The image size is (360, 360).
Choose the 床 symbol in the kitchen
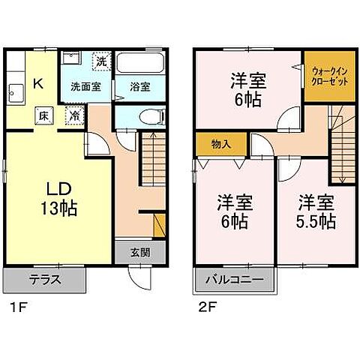tap(45, 116)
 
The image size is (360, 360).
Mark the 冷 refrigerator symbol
tap(75, 116)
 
